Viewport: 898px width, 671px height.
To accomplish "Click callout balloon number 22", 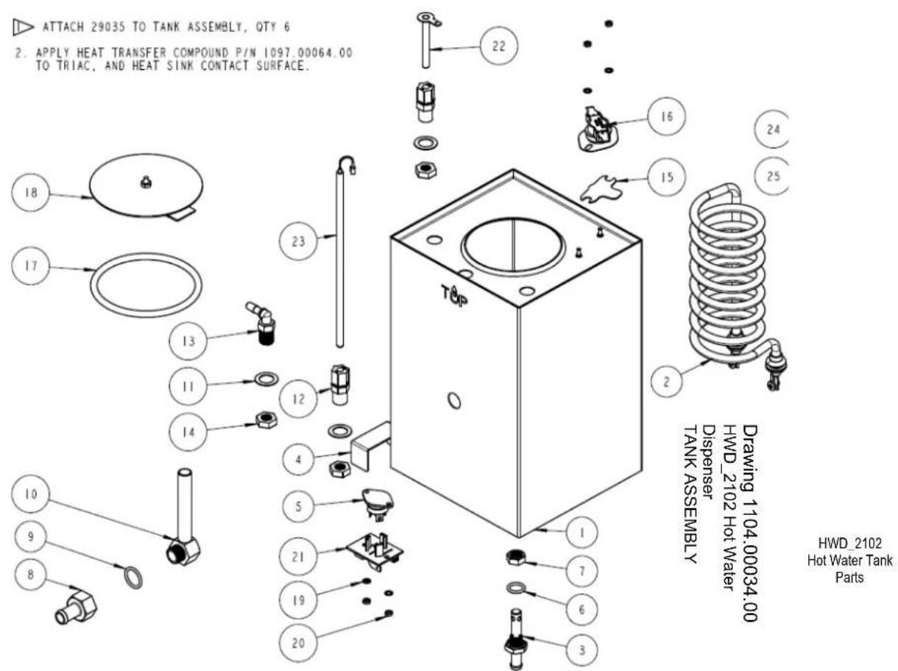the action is click(499, 46).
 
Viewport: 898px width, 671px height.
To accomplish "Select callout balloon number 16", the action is click(667, 116).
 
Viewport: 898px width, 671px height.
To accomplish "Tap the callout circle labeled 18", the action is click(31, 192).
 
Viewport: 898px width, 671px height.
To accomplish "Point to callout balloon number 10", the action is click(31, 494).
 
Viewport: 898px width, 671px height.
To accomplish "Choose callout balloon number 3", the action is click(581, 650).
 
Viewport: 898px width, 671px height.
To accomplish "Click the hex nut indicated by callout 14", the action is click(266, 420).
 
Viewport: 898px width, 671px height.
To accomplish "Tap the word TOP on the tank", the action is click(454, 295).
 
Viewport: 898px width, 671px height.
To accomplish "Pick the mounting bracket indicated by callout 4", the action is click(370, 446).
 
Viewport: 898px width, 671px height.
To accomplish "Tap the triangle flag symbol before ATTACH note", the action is click(23, 27).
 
